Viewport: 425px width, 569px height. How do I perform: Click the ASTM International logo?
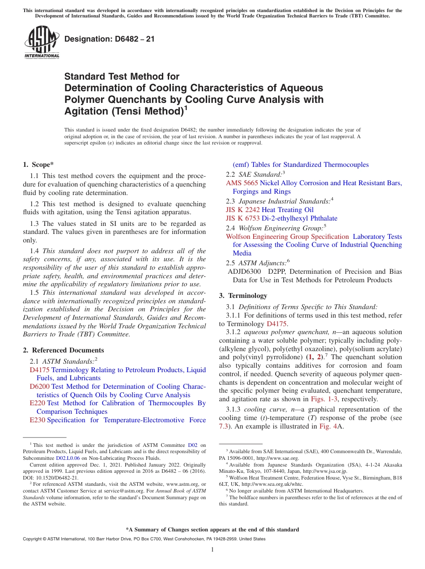click(42, 42)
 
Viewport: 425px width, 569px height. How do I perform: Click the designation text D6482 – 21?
click(110, 39)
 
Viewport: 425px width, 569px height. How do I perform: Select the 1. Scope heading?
click(38, 165)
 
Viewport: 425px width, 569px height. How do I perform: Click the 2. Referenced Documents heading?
click(63, 350)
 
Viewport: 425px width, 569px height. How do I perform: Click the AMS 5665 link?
click(242, 183)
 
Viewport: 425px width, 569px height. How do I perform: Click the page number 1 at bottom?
click(212, 550)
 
